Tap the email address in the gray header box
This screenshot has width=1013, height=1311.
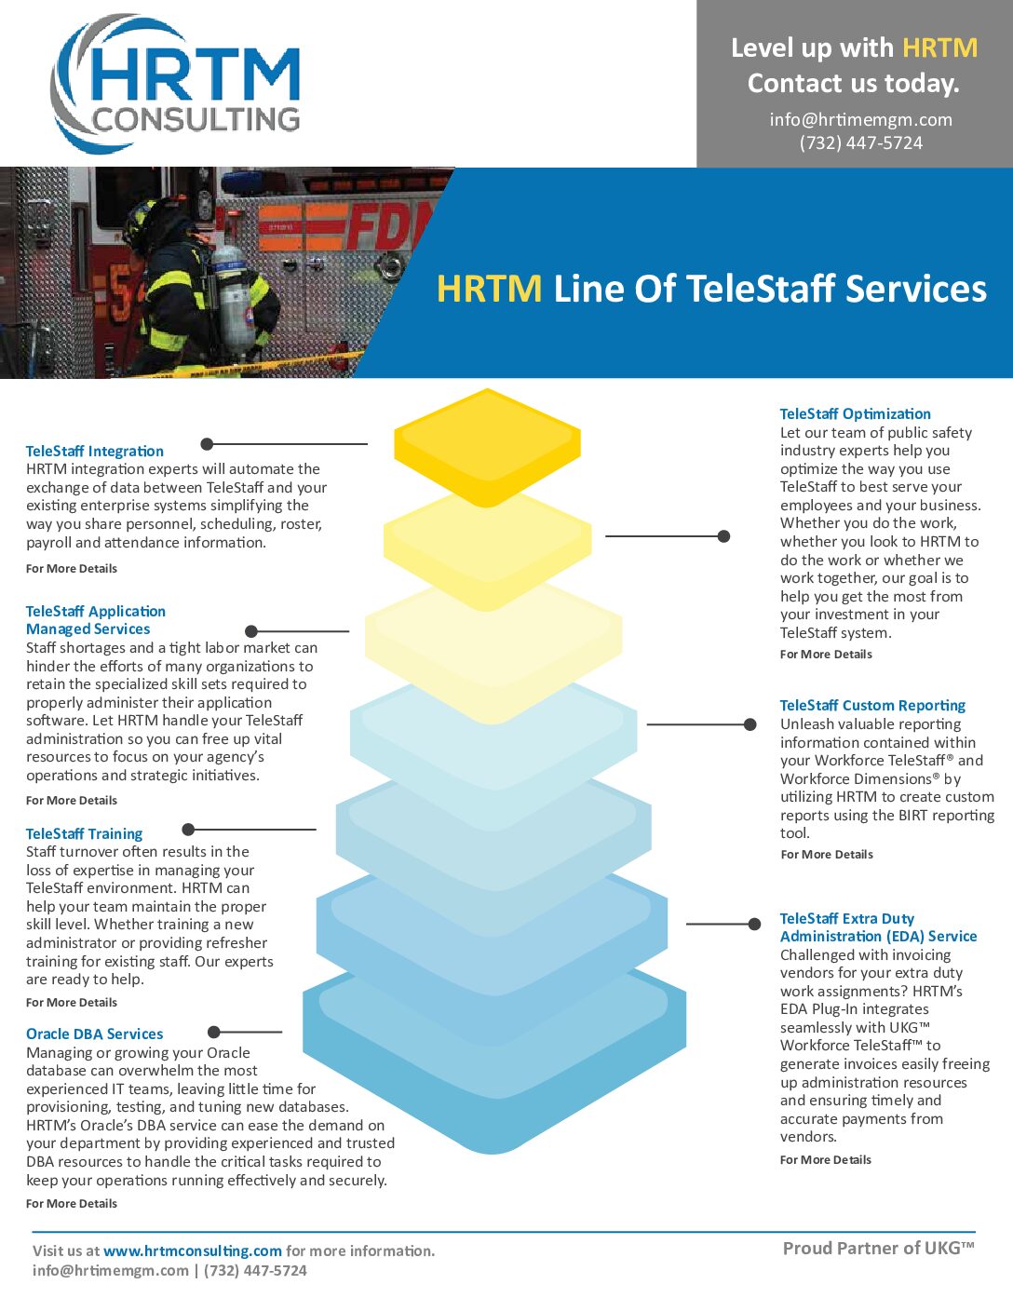860,119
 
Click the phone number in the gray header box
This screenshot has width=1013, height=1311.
860,143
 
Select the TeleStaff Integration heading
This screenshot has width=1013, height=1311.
95,452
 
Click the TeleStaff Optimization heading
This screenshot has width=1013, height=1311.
855,414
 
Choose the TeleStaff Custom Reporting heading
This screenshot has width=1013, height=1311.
872,706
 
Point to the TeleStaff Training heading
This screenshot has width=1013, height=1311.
85,834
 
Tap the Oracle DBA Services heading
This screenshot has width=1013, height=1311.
95,1034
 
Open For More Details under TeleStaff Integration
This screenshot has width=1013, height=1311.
72,569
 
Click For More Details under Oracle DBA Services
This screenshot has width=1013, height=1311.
72,1204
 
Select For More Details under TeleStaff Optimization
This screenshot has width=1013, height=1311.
826,655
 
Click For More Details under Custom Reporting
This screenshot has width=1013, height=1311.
827,855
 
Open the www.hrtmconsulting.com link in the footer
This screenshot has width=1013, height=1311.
193,1251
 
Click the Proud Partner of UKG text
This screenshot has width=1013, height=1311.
878,1249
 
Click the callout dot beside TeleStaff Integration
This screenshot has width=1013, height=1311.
208,444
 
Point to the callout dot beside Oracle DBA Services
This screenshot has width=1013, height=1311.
214,1032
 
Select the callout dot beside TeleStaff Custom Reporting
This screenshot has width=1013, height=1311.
750,724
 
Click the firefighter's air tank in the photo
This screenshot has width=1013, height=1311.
235,298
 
